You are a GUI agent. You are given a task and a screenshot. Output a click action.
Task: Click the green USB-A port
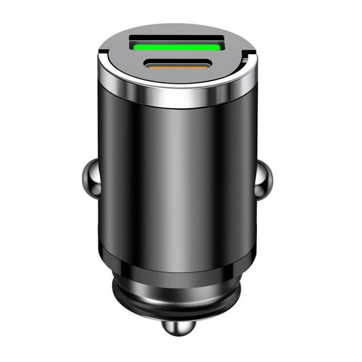177,46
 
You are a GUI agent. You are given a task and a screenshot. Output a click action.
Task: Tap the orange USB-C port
178,63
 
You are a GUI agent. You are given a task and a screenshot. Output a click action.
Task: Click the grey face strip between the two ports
178,55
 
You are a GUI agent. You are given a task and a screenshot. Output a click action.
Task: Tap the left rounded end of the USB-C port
149,63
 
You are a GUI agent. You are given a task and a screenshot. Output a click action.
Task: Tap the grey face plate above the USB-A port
177,31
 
